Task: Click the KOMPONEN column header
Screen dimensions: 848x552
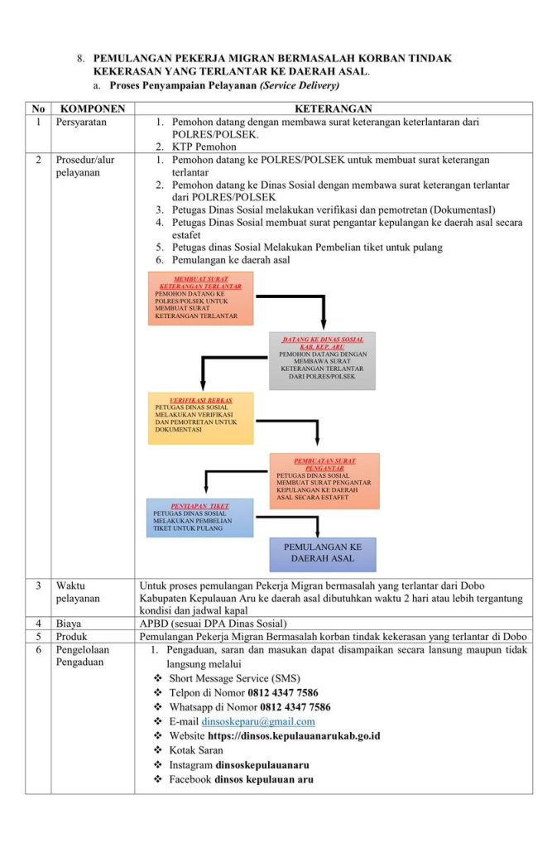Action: [93, 108]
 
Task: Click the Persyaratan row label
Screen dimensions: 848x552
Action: [82, 122]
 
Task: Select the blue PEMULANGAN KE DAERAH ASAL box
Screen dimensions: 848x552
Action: [323, 554]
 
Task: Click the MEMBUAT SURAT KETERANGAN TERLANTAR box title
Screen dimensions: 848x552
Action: [200, 282]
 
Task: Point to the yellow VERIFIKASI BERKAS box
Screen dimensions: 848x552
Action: [201, 418]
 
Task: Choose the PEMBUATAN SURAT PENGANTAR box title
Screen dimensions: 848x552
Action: [324, 464]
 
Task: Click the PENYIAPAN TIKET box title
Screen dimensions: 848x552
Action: [199, 505]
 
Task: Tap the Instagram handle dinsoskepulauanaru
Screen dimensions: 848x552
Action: [262, 764]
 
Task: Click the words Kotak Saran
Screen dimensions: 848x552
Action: [195, 750]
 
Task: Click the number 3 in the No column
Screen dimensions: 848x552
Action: [38, 585]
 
